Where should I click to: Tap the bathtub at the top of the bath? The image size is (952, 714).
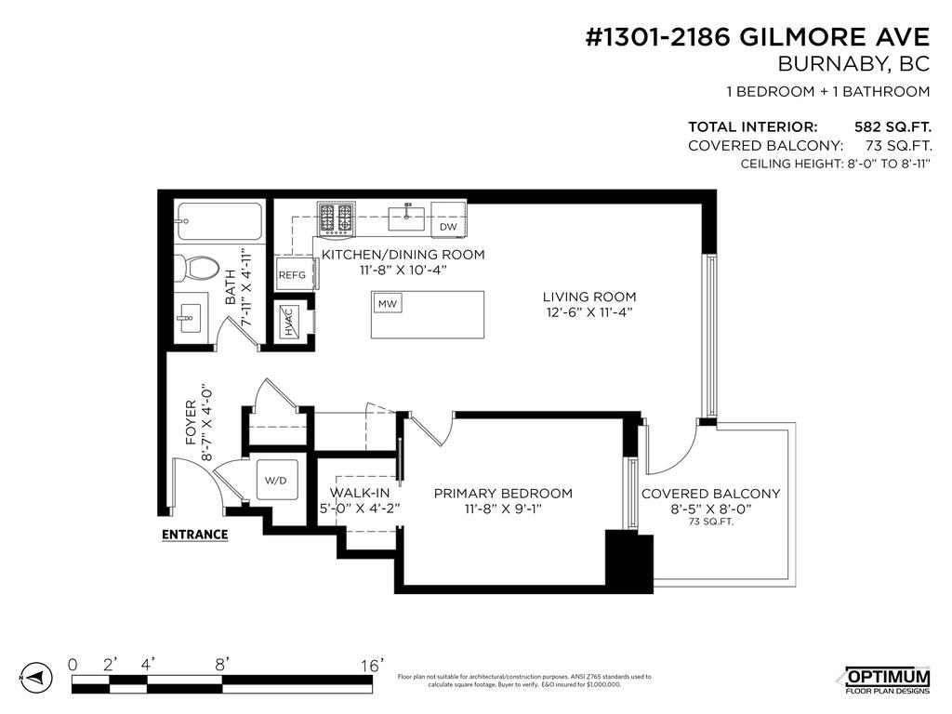[221, 222]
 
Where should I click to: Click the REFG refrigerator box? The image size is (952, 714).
[292, 274]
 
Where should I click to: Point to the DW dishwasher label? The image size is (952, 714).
[448, 227]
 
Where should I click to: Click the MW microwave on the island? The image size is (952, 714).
[386, 304]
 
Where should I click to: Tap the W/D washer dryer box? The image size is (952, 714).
[276, 481]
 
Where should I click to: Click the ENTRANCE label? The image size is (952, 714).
[194, 535]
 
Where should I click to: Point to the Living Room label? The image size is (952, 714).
[589, 297]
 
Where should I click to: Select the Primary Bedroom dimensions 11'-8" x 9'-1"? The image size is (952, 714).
[503, 509]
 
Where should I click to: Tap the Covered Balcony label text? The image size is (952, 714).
[710, 494]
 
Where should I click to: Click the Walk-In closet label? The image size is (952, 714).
[360, 493]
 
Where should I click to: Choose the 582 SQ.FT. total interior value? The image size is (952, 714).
[892, 126]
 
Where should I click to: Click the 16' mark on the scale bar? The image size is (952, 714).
[372, 666]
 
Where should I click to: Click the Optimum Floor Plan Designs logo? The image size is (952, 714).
[886, 680]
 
